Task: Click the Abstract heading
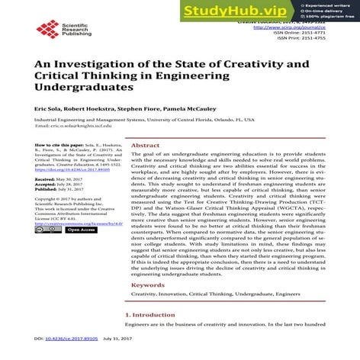point(145,145)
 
